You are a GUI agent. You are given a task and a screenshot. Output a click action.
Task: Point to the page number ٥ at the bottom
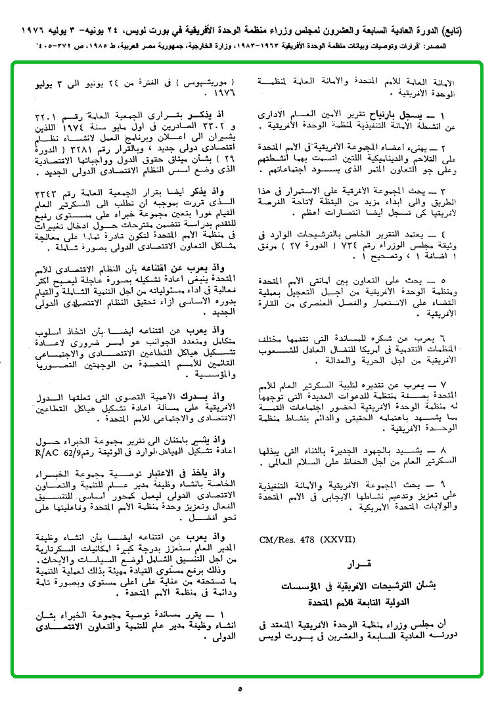[x=240, y=689]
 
